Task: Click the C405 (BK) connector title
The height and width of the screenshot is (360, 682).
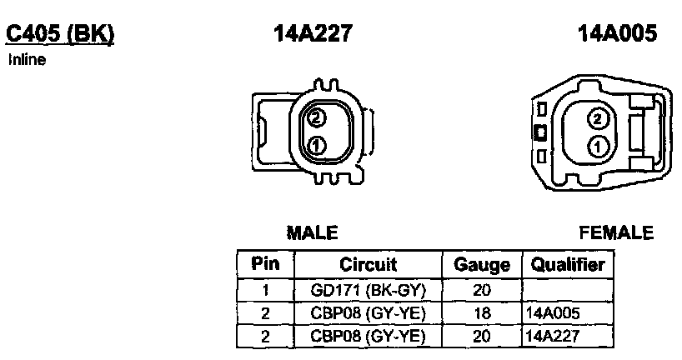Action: click(x=59, y=34)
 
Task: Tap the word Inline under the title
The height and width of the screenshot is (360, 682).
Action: click(x=27, y=59)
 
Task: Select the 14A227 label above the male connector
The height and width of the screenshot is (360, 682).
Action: click(x=313, y=33)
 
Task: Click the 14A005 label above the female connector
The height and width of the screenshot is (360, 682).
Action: click(x=617, y=33)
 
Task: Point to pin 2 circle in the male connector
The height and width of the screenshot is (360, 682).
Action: click(x=316, y=117)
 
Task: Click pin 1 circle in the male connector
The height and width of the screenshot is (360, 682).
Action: click(x=316, y=145)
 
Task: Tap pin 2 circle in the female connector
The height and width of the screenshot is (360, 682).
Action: click(x=597, y=119)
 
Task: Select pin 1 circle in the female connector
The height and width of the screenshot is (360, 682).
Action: click(x=597, y=147)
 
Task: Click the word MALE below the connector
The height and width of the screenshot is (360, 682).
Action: click(x=313, y=233)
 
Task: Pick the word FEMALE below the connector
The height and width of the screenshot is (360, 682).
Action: click(x=616, y=233)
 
